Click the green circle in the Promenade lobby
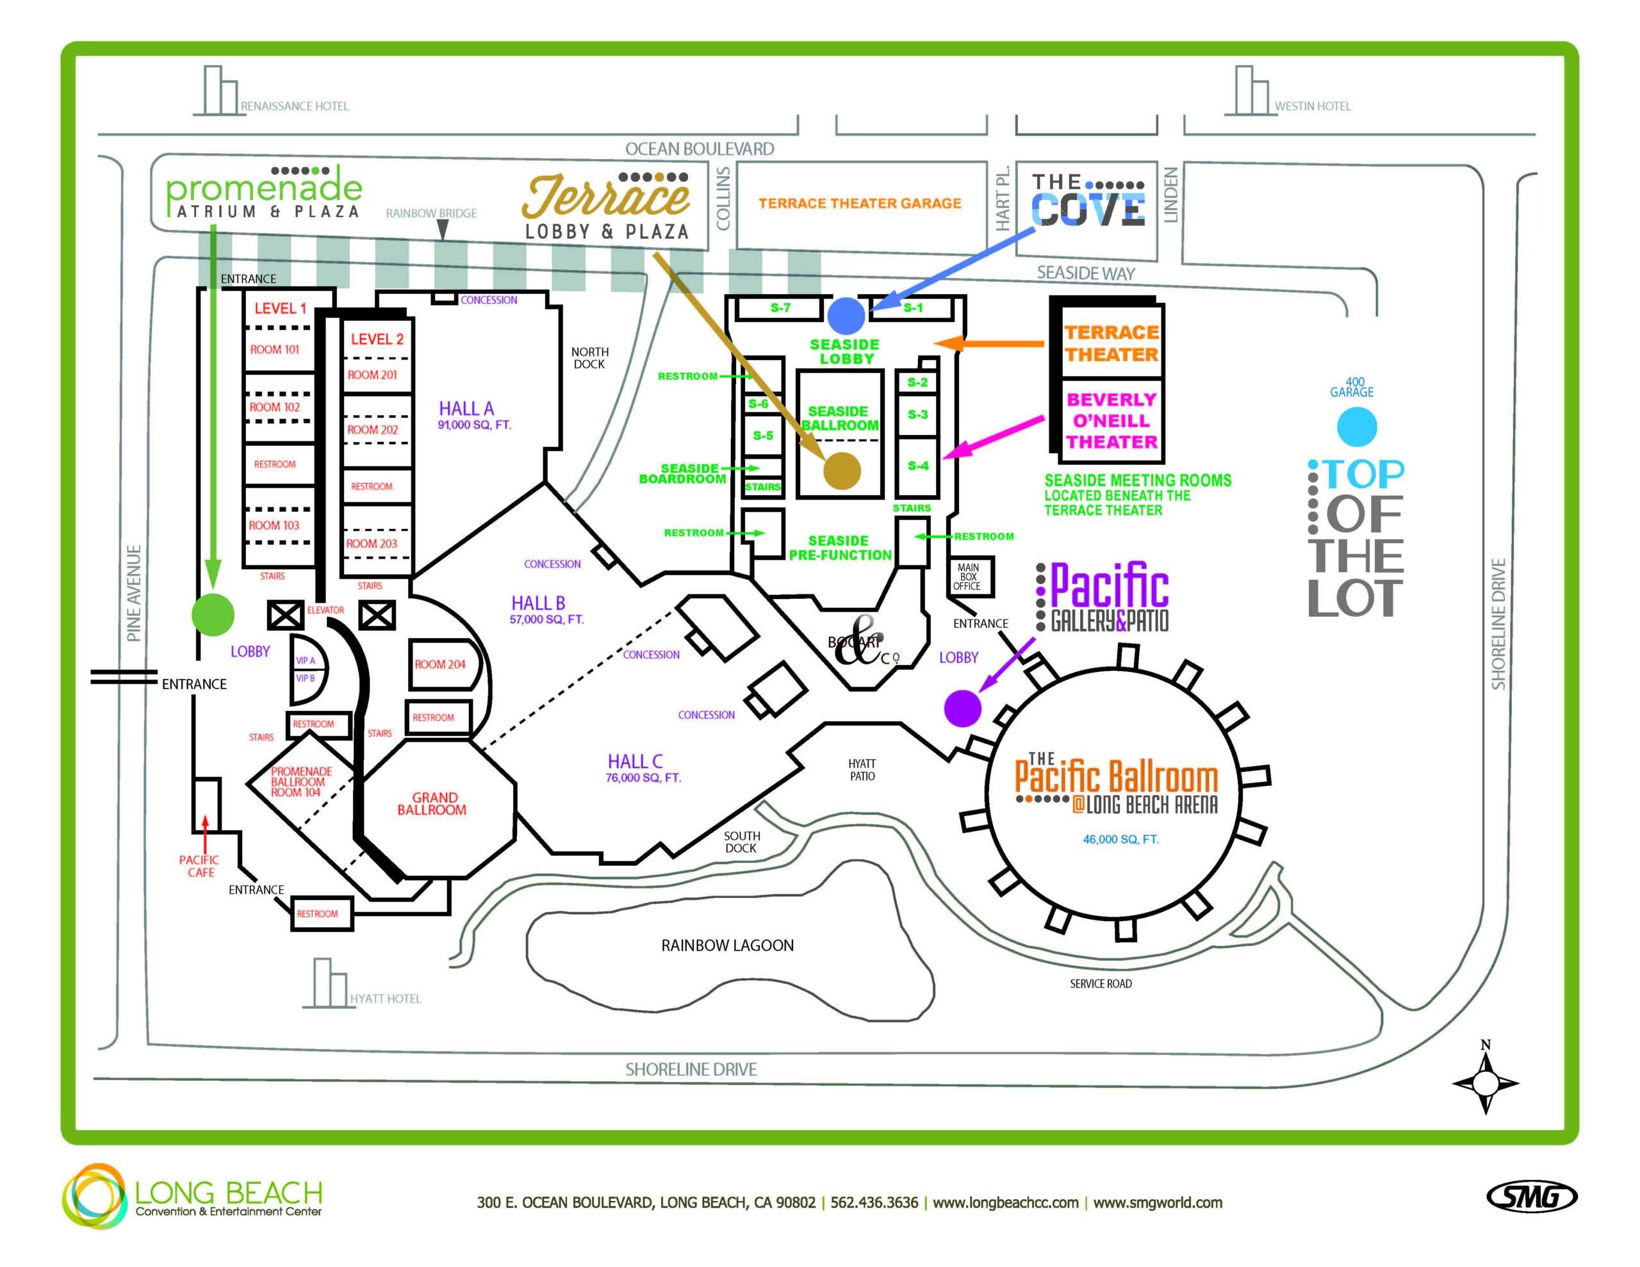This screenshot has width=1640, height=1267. click(x=213, y=614)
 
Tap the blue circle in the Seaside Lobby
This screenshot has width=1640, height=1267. click(x=846, y=315)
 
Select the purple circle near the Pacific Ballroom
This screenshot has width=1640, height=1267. click(x=962, y=707)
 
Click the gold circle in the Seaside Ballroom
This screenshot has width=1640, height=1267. click(x=842, y=471)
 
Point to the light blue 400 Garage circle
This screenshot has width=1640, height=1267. click(x=1356, y=427)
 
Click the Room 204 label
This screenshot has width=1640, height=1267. click(x=440, y=664)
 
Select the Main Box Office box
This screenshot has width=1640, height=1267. click(x=968, y=576)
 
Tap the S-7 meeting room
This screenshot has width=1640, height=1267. click(x=780, y=308)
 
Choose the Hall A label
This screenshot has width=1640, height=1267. click(x=466, y=409)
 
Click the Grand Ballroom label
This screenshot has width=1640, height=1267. click(x=432, y=804)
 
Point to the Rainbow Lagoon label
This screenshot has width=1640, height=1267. click(x=727, y=945)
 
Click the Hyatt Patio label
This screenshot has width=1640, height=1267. click(x=862, y=770)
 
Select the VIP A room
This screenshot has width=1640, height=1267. click(x=306, y=660)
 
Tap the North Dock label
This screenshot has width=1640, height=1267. click(x=589, y=357)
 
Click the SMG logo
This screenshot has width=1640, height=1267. click(x=1531, y=1197)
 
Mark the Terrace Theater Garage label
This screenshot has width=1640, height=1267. click(x=859, y=204)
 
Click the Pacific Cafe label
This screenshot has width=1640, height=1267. click(x=199, y=866)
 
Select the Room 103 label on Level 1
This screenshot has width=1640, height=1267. click(x=274, y=525)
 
